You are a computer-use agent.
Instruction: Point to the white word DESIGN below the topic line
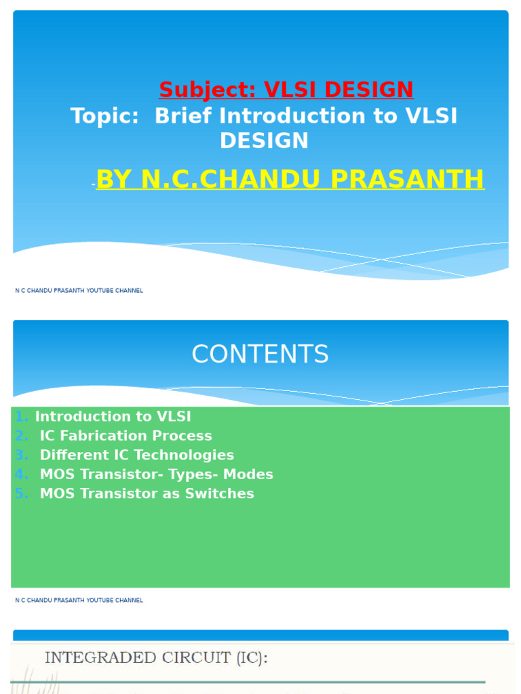coord(264,141)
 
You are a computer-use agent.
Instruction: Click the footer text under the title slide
coord(79,291)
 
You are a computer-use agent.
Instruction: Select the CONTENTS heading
coord(260,354)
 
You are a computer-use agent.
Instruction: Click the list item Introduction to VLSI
coord(113,417)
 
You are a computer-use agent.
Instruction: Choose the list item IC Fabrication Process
coord(126,436)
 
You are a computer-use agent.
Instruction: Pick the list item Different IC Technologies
coord(136,455)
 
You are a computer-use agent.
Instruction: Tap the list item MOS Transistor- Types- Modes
coord(156,474)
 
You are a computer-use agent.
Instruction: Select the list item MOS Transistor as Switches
coord(147,493)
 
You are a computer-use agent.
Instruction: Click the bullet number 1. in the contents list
coord(22,417)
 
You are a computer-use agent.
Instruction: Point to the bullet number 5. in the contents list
coord(22,493)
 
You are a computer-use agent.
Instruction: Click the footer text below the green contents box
coord(79,600)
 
